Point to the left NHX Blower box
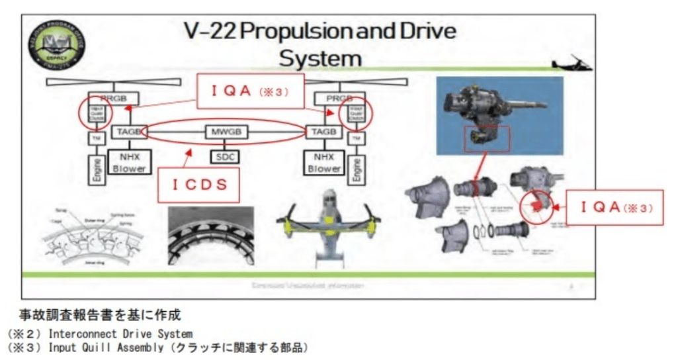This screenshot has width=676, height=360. (128, 162)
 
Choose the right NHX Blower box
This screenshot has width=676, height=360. (323, 162)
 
